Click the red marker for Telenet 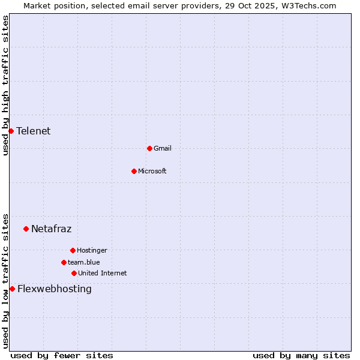11,131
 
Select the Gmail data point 149,148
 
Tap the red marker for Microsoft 134,171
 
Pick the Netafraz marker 26,229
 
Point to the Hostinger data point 73,250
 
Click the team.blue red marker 64,262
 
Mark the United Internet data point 74,273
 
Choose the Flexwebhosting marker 12,289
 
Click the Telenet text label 34,131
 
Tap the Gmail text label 163,148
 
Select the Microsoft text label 152,171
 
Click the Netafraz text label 52,229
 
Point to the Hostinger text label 92,250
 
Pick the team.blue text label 84,262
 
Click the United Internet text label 103,273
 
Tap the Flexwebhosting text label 55,289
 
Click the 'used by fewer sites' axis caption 62,355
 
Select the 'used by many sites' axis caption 301,355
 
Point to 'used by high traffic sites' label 5,85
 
